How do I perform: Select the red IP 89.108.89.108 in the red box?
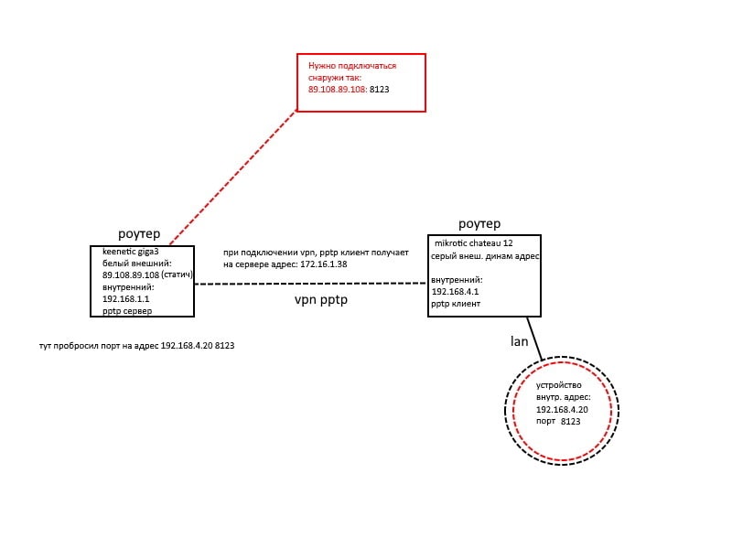(337, 89)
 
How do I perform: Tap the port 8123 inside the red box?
(379, 89)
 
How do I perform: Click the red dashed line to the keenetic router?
(233, 177)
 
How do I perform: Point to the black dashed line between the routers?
(310, 284)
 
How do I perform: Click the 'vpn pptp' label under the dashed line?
(321, 299)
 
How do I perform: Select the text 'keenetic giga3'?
(130, 252)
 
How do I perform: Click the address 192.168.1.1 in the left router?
(125, 299)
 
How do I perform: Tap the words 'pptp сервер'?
(127, 311)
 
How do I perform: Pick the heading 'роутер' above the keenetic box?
(139, 233)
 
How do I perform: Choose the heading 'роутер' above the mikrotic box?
(479, 223)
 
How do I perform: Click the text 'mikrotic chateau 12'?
(473, 243)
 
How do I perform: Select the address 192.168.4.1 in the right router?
(455, 292)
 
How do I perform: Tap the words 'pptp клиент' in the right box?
(456, 304)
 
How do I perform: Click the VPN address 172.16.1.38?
(323, 264)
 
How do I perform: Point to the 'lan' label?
(519, 341)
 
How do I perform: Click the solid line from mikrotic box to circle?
(534, 339)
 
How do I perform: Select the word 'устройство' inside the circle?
(559, 385)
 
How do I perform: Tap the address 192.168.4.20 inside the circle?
(562, 410)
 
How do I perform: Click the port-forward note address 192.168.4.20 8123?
(198, 346)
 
